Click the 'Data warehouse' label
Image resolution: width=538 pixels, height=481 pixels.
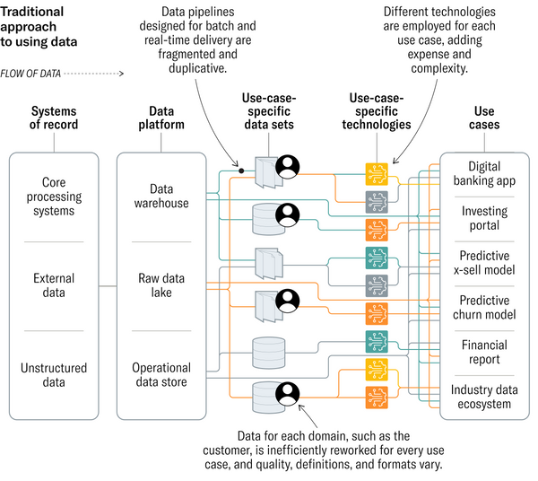[x=161, y=196]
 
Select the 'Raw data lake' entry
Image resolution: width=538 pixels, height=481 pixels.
[x=161, y=285]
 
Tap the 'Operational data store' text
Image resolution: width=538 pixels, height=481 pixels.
[x=161, y=374]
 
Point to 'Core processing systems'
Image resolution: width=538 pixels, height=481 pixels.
[x=53, y=197]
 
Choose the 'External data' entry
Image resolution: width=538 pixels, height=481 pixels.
[x=53, y=285]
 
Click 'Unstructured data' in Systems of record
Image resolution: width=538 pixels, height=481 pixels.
[x=53, y=374]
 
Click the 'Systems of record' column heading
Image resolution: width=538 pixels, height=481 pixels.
[x=54, y=118]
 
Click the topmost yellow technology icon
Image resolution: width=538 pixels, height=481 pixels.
[x=377, y=171]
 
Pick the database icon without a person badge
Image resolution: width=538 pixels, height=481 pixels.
[x=269, y=349]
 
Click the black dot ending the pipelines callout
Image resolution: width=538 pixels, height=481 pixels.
[x=240, y=169]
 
